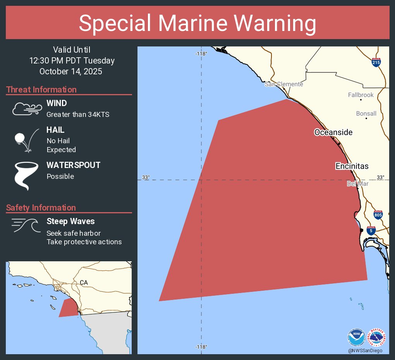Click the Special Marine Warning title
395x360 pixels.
point(197,23)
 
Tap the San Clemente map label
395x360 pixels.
point(284,84)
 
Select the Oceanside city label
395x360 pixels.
point(333,132)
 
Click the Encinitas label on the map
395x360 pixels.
point(352,166)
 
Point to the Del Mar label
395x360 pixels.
point(357,183)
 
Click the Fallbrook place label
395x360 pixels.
point(361,95)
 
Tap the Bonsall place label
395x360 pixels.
point(366,113)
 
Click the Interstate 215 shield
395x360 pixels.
point(376,63)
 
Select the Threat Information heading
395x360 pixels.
point(41,89)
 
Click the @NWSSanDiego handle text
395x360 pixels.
point(365,350)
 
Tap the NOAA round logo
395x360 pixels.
point(356,337)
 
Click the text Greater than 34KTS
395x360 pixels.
point(78,114)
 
